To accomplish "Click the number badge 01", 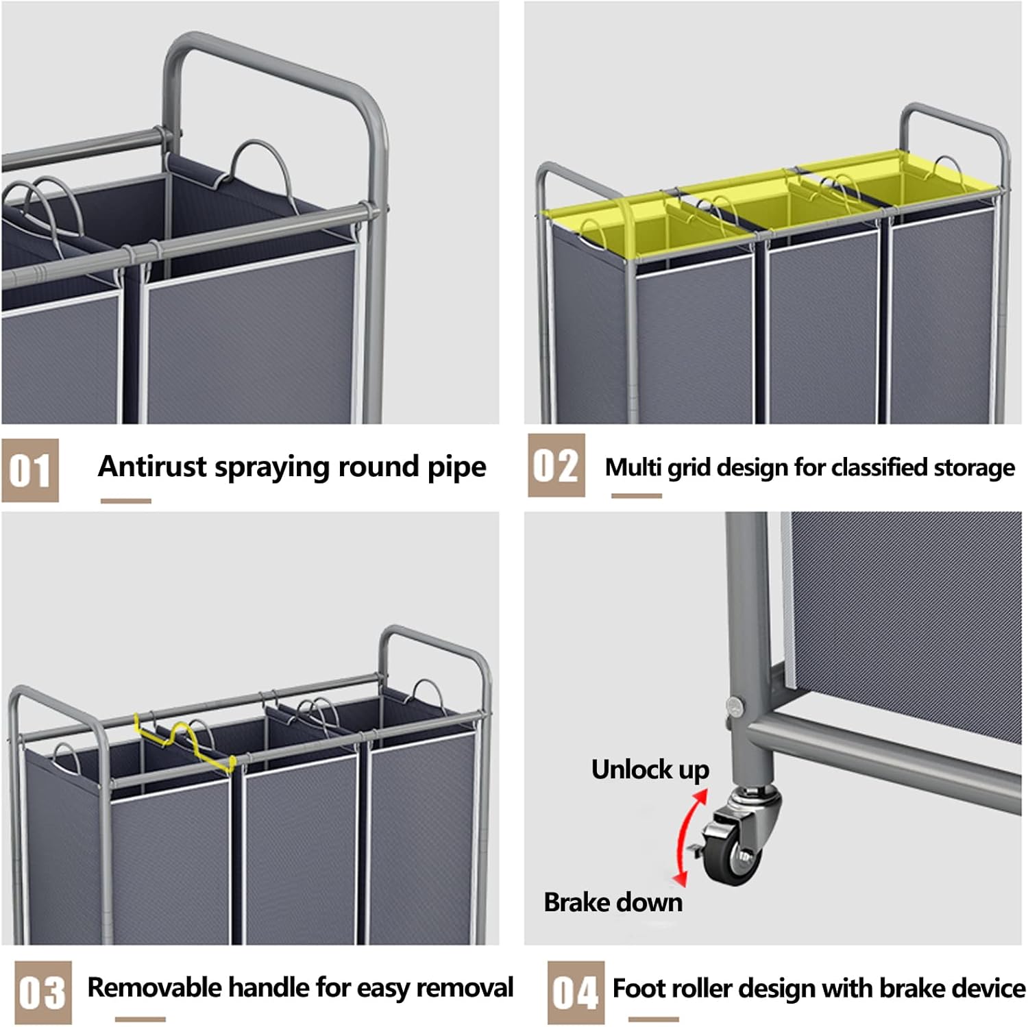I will pyautogui.click(x=30, y=471).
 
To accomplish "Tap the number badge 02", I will pyautogui.click(x=556, y=466).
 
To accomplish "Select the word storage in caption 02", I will pyautogui.click(x=974, y=468).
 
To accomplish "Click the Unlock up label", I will pyautogui.click(x=650, y=769).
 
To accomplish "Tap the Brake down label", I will pyautogui.click(x=613, y=902).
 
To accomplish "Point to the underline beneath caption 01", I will pyautogui.click(x=125, y=501).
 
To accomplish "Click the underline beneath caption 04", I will pyautogui.click(x=653, y=1019).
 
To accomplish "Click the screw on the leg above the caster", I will pyautogui.click(x=734, y=705).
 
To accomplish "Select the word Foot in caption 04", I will pyautogui.click(x=637, y=989).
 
